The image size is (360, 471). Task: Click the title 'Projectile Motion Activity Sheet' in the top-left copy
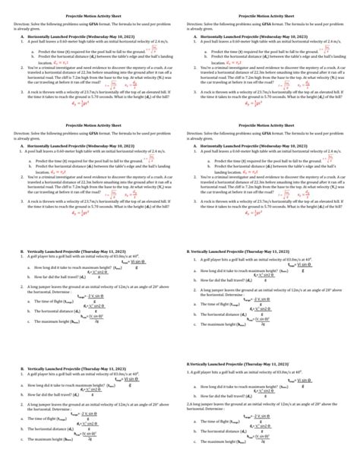point(90,14)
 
